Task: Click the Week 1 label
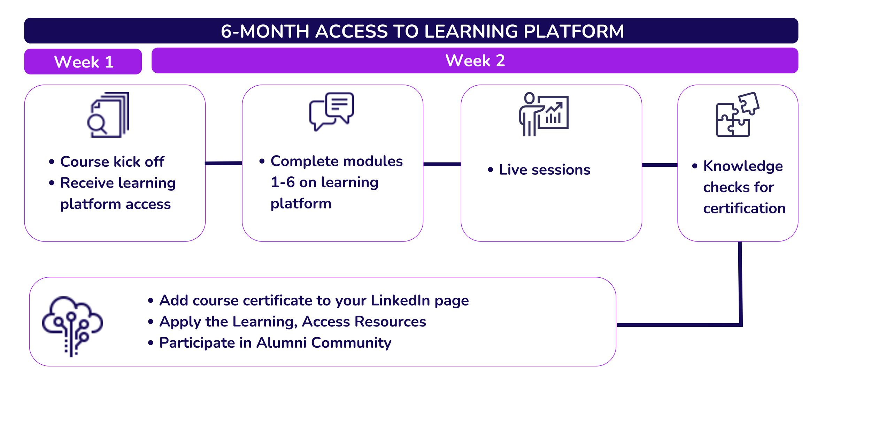pos(84,62)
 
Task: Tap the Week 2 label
pos(475,61)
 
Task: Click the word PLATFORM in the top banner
pos(573,31)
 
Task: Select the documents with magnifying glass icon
pos(108,115)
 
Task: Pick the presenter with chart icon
pos(544,114)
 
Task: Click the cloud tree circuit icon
pos(72,326)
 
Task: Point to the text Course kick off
pos(112,162)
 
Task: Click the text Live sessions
pos(545,170)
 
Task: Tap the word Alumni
pos(282,343)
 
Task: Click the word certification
pos(744,208)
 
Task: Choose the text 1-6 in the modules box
pos(283,182)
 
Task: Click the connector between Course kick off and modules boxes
pos(224,163)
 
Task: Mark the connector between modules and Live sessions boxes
pos(442,164)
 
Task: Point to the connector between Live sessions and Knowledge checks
pos(660,165)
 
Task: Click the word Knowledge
pos(743,166)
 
